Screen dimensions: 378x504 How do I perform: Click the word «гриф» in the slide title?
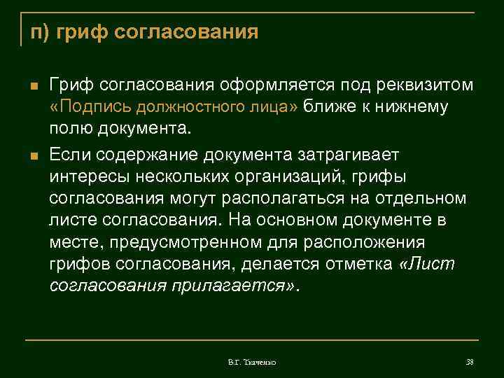pos(82,33)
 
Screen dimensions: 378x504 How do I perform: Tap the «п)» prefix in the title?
pos(39,33)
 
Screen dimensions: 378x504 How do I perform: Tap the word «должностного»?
pos(188,108)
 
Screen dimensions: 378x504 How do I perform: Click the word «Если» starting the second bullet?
pos(71,153)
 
